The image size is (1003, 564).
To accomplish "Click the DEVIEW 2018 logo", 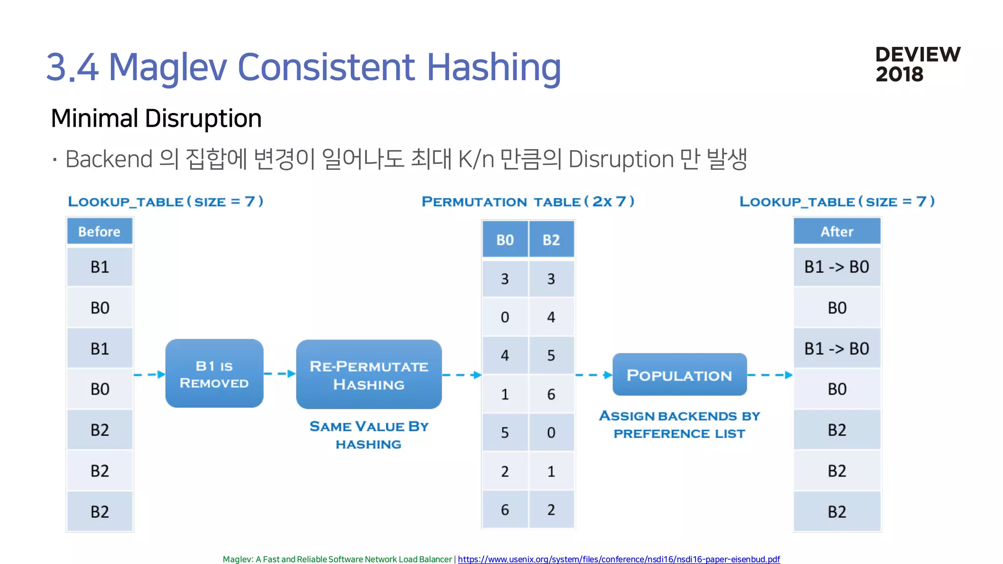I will coord(918,64).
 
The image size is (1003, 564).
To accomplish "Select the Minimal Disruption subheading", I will coord(156,118).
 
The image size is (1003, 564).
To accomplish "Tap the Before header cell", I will coord(99,232).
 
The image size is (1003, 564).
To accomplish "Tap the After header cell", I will coord(836,232).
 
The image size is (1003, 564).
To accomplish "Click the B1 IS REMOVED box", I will coord(214,374).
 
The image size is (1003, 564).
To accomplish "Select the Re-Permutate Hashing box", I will coord(369,375).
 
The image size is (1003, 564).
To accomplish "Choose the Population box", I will coord(679,375).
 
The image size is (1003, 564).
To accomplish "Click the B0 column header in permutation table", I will coord(505,240).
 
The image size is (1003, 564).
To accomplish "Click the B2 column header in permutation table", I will coord(551,240).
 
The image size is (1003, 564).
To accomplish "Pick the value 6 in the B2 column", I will coord(551,394).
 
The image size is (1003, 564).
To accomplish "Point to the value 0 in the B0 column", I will coord(505,317).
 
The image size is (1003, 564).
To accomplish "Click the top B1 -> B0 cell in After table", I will coord(836,267).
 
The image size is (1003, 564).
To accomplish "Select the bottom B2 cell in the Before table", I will coord(99,512).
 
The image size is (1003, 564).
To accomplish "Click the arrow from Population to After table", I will coord(769,375).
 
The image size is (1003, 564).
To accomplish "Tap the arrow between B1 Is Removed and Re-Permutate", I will coord(280,374).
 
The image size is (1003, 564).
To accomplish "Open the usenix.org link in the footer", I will coord(619,559).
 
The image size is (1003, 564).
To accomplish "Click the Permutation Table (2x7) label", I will coord(528,202).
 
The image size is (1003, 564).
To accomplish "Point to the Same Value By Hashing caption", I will coord(369,435).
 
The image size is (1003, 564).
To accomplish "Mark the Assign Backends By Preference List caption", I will coord(679,424).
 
